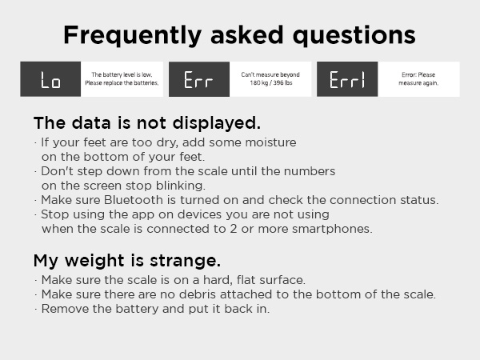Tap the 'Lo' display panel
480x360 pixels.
[x=50, y=79]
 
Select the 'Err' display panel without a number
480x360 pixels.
[x=199, y=79]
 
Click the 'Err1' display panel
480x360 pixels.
[x=347, y=79]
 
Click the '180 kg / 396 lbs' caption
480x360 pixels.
[x=270, y=83]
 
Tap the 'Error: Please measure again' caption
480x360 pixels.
[x=418, y=78]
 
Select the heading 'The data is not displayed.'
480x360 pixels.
[x=146, y=123]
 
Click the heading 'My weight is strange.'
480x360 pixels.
[x=127, y=261]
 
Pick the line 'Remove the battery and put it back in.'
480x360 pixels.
[x=155, y=309]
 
